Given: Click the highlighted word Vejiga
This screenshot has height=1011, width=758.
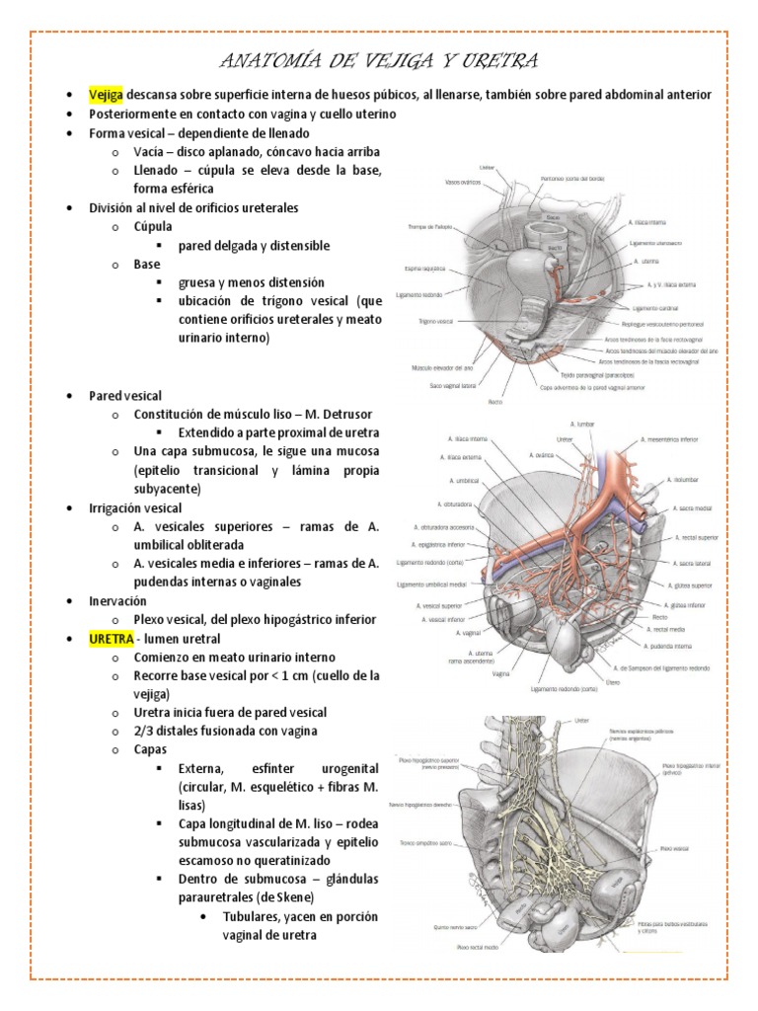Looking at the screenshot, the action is (107, 94).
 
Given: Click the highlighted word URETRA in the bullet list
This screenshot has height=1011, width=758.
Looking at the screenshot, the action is (111, 639).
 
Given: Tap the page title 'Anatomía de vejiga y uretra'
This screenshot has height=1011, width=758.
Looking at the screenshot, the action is (379, 61).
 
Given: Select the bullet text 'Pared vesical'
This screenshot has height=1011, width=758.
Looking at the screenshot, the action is (125, 396).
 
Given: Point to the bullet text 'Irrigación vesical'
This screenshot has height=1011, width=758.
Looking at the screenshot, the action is (136, 507).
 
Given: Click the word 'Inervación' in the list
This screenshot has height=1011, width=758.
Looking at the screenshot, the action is (117, 600).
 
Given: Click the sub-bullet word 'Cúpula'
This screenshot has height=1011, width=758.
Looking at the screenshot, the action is (153, 227).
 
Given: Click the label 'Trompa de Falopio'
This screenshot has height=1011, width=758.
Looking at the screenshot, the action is (429, 226).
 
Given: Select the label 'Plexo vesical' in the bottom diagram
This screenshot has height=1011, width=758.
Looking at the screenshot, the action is (674, 847).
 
